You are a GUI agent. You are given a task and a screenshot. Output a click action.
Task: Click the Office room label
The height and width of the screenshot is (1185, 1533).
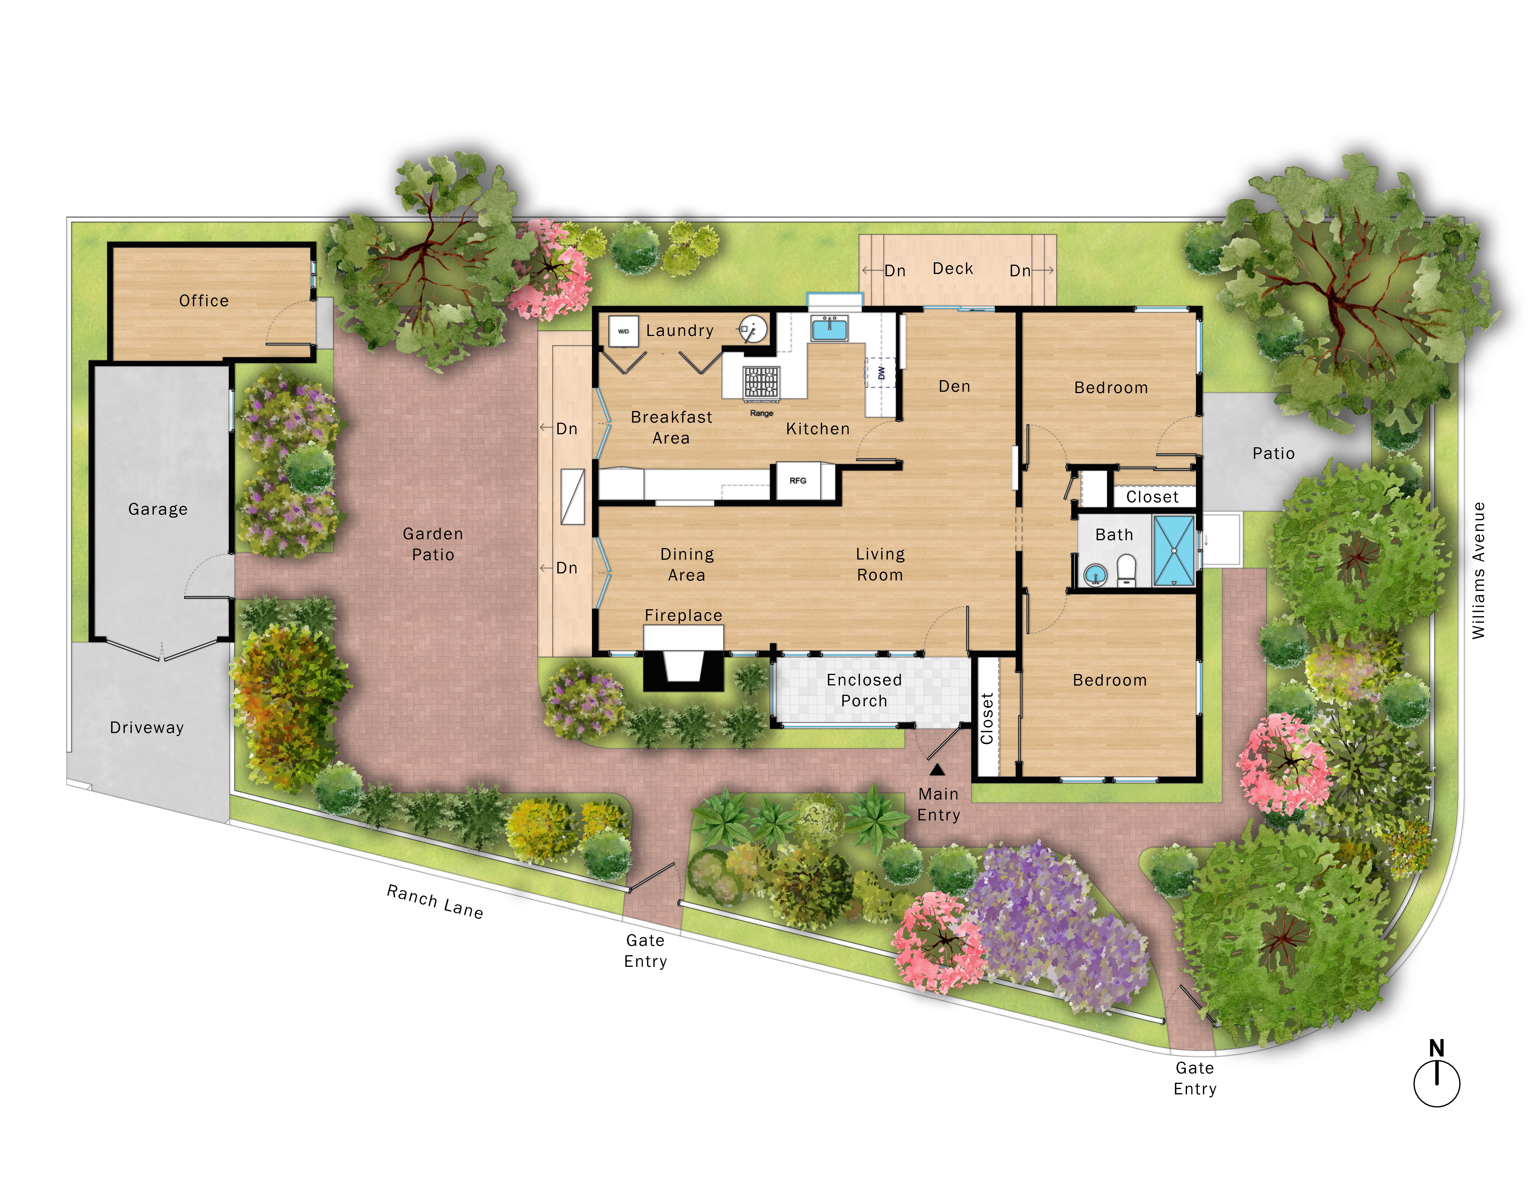[x=203, y=300]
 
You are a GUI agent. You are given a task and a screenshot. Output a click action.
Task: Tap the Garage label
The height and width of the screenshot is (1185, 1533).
[x=158, y=509]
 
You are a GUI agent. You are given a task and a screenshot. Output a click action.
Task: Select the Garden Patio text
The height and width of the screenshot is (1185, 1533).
[x=433, y=544]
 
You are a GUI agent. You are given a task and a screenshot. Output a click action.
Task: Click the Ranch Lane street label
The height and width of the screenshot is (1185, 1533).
[x=435, y=902]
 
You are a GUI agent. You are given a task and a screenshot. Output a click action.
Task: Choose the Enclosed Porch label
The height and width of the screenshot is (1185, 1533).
[x=864, y=690]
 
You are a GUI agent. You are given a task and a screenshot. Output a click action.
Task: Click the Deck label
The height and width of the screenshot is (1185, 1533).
[x=953, y=269]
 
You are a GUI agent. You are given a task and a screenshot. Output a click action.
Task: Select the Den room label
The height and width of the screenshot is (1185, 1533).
[x=955, y=386]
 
